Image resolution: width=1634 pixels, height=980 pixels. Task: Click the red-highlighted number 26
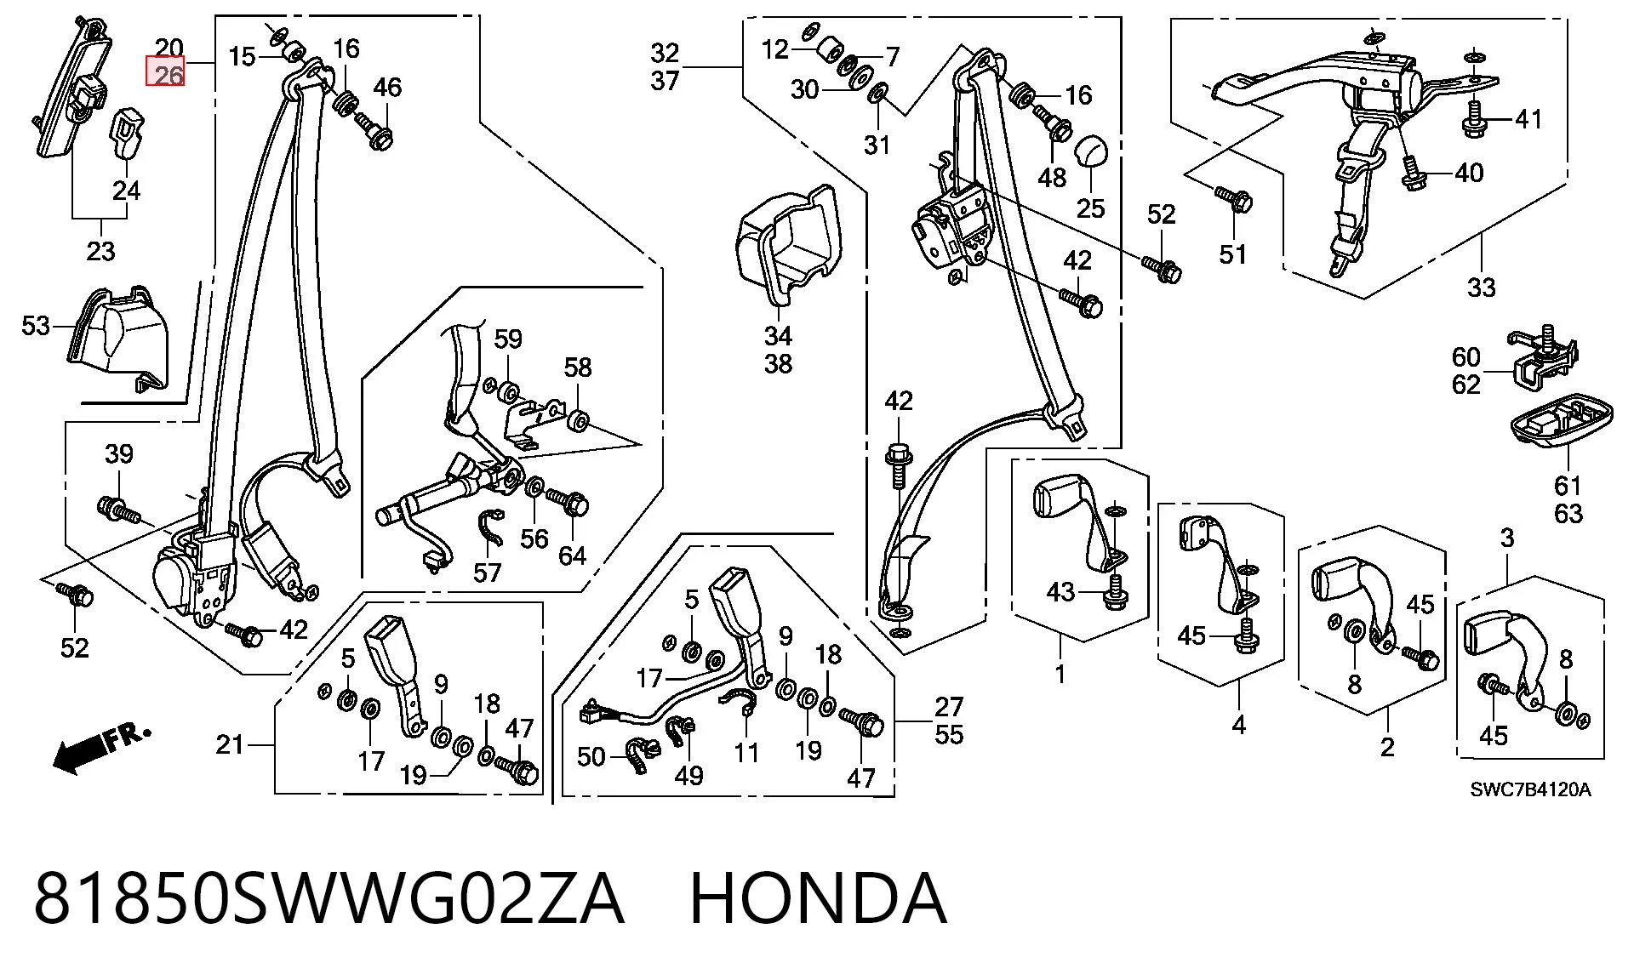coord(169,75)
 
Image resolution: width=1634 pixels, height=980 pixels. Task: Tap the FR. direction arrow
coord(101,748)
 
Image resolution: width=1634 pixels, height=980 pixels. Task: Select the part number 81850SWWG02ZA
coord(329,898)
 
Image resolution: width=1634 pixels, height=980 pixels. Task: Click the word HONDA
coord(818,898)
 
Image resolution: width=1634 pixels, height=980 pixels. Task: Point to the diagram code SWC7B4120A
coord(1530,789)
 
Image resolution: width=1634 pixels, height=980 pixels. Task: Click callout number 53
coord(36,326)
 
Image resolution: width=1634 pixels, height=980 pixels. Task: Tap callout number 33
coord(1481,287)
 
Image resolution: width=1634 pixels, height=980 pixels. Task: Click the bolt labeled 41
coord(1475,120)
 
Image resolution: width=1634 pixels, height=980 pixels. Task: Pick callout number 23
coord(100,251)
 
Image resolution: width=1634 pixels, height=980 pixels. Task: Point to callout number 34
coord(778,336)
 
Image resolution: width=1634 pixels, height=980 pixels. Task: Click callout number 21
coord(230,744)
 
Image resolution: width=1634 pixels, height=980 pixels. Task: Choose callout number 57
coord(487,573)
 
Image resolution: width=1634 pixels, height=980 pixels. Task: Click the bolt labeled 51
coord(1231,199)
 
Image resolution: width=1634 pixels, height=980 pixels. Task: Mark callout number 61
coord(1568,485)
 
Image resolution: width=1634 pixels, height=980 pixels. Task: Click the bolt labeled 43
coord(1113,594)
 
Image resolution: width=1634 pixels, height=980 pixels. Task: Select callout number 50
coord(591,756)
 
